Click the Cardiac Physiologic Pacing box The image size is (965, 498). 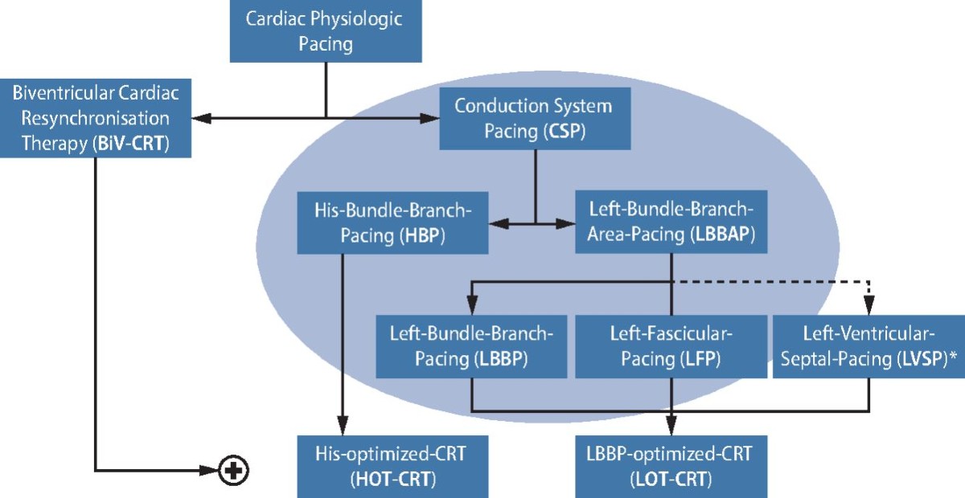pyautogui.click(x=326, y=31)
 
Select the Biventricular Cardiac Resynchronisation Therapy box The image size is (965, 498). pyautogui.click(x=96, y=118)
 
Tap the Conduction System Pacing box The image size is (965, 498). pyautogui.click(x=535, y=118)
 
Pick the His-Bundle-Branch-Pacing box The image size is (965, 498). pyautogui.click(x=393, y=222)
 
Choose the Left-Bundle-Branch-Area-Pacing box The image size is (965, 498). pyautogui.click(x=671, y=222)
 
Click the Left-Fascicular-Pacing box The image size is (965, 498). pyautogui.click(x=671, y=346)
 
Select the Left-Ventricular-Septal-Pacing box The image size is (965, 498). pyautogui.click(x=869, y=346)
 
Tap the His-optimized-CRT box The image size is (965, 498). pyautogui.click(x=393, y=467)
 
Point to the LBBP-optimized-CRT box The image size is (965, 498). pyautogui.click(x=671, y=467)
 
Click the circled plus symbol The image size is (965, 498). pyautogui.click(x=233, y=471)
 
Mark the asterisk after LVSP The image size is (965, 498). pyautogui.click(x=953, y=357)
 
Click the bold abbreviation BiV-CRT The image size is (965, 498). pyautogui.click(x=131, y=143)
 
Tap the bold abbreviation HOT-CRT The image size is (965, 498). pyautogui.click(x=393, y=479)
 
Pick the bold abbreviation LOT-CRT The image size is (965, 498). pyautogui.click(x=671, y=479)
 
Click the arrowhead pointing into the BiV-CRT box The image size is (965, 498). pyautogui.click(x=201, y=118)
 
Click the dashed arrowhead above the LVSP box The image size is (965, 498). pyautogui.click(x=869, y=305)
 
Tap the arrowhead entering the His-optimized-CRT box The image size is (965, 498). pyautogui.click(x=343, y=426)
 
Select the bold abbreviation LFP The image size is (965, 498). pyautogui.click(x=700, y=359)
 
